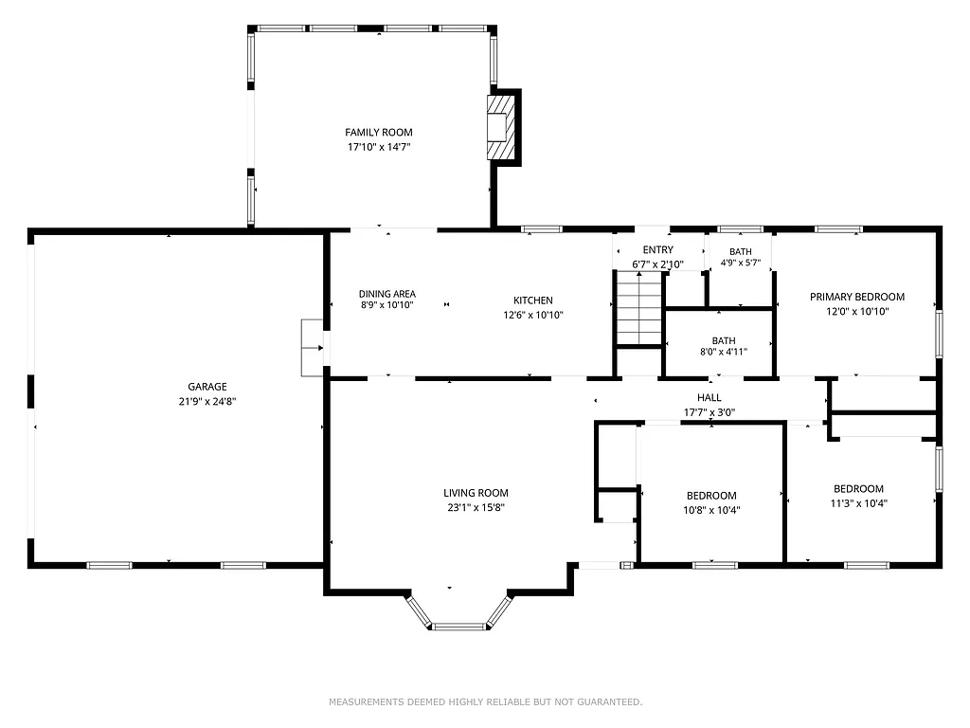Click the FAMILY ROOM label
click(378, 133)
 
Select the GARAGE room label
click(207, 387)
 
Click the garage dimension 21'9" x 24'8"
click(207, 401)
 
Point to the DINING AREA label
click(386, 294)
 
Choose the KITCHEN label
click(533, 300)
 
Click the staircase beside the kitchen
click(638, 308)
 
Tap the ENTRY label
click(657, 250)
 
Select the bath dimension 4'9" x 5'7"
click(741, 264)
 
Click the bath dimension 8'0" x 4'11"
click(723, 352)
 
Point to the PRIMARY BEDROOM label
click(856, 297)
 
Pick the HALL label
click(709, 398)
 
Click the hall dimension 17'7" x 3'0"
click(709, 412)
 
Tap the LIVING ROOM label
click(476, 493)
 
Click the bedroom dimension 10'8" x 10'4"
click(711, 510)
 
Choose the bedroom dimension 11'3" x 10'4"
click(858, 503)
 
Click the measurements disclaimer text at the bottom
click(485, 702)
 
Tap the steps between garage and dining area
click(312, 348)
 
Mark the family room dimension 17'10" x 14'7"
click(378, 147)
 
